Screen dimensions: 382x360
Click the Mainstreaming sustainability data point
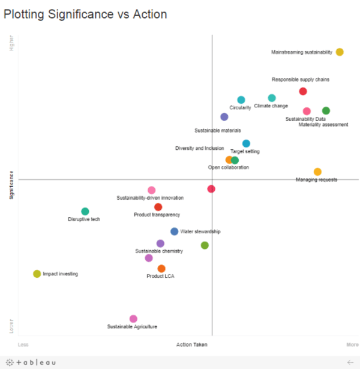[340, 52]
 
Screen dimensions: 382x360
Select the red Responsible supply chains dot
[303, 91]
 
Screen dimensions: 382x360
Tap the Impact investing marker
[37, 274]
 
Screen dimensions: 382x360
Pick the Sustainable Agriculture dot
[133, 319]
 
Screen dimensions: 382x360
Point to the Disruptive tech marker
[85, 212]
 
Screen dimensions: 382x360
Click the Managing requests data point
[317, 172]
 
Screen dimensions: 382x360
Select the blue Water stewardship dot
[174, 231]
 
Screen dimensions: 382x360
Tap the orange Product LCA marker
[161, 269]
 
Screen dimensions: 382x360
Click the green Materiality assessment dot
[326, 111]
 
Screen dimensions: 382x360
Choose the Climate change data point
[272, 98]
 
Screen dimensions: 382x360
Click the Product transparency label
[157, 215]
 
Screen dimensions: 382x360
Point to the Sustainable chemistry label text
[159, 251]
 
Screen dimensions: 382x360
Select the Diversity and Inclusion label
[199, 148]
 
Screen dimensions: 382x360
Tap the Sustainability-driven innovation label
[150, 198]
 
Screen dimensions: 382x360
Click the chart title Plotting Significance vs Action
[86, 14]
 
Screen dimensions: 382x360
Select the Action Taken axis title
[192, 345]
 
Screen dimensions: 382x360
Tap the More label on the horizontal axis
[352, 345]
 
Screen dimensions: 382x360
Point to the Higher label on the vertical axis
[11, 43]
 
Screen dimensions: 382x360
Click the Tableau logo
[31, 363]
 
